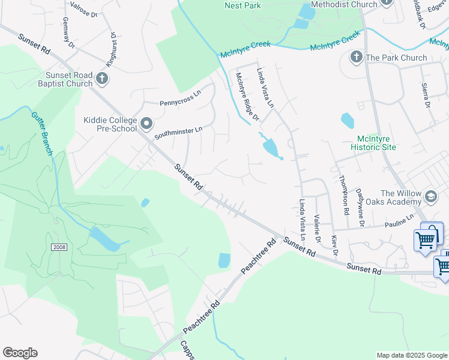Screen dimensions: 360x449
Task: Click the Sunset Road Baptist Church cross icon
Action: [x=102, y=77]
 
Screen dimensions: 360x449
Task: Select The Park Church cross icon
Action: [x=356, y=58]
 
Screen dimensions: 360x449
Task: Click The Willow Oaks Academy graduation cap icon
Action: [x=431, y=196]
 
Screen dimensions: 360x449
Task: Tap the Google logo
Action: [x=20, y=353]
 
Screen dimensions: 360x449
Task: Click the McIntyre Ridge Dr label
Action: [x=247, y=96]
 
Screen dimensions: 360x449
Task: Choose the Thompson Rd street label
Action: [x=343, y=196]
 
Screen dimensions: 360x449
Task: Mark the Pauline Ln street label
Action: [x=399, y=223]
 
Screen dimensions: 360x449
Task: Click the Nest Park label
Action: [x=243, y=5]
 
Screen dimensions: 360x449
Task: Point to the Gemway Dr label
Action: [x=68, y=33]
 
